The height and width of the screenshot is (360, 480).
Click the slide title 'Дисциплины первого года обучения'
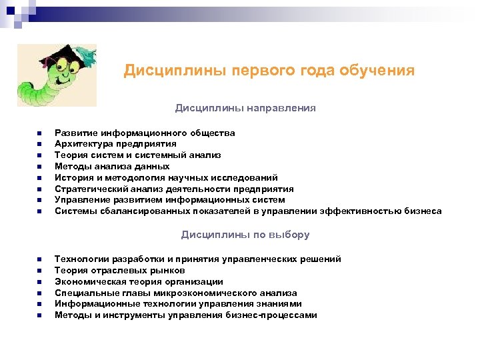pyautogui.click(x=269, y=71)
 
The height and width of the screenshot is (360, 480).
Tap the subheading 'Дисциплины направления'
pyautogui.click(x=245, y=107)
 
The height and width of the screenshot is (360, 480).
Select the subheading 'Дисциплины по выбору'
pyautogui.click(x=245, y=235)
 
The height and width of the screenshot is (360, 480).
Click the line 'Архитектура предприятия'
pyautogui.click(x=115, y=143)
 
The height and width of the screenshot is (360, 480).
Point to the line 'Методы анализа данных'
pyautogui.click(x=112, y=166)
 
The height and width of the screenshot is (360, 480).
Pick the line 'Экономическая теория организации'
pyautogui.click(x=139, y=281)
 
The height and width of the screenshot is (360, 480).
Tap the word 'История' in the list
pyautogui.click(x=71, y=177)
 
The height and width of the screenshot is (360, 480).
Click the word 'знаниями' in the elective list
pyautogui.click(x=273, y=304)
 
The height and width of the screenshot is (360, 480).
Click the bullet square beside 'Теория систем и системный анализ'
pyautogui.click(x=39, y=155)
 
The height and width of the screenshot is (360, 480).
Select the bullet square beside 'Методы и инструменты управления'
pyautogui.click(x=39, y=316)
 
